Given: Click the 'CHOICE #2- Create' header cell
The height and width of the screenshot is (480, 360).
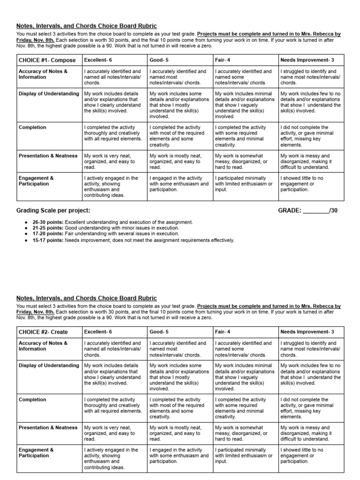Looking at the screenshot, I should pos(40,332).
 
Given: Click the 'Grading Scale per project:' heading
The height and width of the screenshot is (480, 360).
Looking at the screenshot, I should pos(53,210).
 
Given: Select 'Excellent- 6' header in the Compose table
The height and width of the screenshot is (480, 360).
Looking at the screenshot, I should pos(98,60).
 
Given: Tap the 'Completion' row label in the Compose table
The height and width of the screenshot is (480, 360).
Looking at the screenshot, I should pos(32,127).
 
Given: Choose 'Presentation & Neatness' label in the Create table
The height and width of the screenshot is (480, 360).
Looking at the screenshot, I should pos(48,427).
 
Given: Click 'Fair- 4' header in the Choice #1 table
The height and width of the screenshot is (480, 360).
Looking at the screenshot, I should pos(223,60).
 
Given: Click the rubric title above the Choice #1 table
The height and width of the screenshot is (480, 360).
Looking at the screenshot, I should pos(87,26).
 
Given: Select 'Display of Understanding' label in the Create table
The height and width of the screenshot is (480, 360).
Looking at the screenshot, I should pos(49,366).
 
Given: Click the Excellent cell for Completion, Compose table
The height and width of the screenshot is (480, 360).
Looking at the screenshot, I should pos(113,133).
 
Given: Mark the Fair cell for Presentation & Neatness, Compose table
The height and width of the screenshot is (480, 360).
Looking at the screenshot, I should pos(244,161).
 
